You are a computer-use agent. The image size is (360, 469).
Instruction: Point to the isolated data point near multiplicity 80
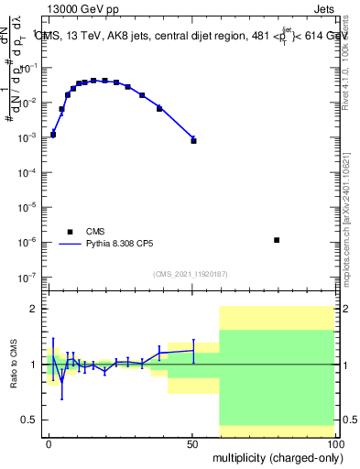pos(277,240)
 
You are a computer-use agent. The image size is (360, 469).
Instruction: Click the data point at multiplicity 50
pos(193,140)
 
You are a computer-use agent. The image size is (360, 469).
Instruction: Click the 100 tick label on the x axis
pos(334,442)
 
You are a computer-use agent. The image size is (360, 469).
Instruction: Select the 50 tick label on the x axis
pos(192,442)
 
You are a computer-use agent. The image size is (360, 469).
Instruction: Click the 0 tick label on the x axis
pos(49,442)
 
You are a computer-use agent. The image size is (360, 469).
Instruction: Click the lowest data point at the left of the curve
pos(53,134)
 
